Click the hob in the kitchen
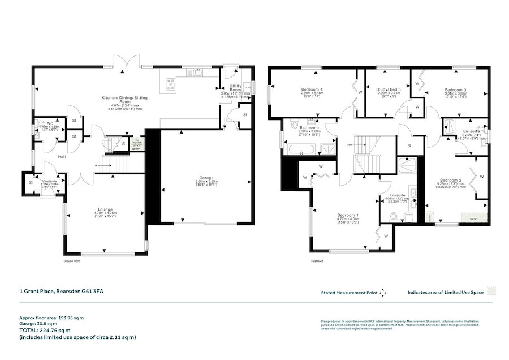[x=170, y=84]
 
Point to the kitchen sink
[x=199, y=72]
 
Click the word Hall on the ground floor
[x=63, y=157]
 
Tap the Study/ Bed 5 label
[x=389, y=89]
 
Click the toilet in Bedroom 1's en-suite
[x=394, y=216]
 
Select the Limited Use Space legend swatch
[x=493, y=292]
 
